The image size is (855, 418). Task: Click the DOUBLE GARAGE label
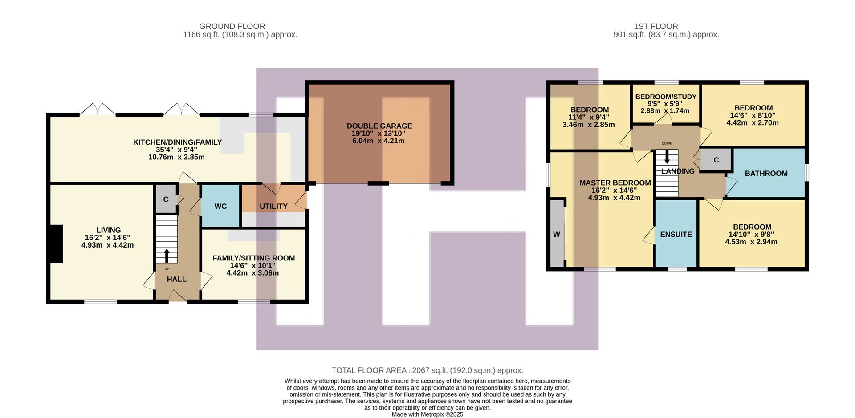[379, 126]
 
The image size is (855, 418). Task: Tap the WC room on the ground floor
[220, 206]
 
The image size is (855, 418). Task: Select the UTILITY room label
[273, 206]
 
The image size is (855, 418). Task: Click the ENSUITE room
[676, 234]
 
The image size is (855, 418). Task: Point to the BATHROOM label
[766, 173]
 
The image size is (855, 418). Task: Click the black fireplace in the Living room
[56, 243]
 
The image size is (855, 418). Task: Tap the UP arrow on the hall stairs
[167, 255]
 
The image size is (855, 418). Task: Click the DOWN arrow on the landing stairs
[667, 157]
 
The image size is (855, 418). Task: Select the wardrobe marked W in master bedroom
[557, 234]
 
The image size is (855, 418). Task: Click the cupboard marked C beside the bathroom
[716, 160]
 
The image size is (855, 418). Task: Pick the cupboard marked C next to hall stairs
[166, 199]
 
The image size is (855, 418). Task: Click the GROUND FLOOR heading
[232, 26]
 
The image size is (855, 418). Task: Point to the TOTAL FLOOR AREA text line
[427, 370]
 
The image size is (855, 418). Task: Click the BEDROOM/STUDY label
[665, 97]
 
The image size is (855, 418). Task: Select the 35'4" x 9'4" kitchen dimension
[177, 150]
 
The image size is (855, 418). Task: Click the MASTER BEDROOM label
[615, 183]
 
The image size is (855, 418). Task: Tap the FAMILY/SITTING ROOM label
[253, 258]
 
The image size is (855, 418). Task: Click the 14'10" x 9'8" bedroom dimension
[752, 234]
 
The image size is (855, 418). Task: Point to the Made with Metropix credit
[427, 414]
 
